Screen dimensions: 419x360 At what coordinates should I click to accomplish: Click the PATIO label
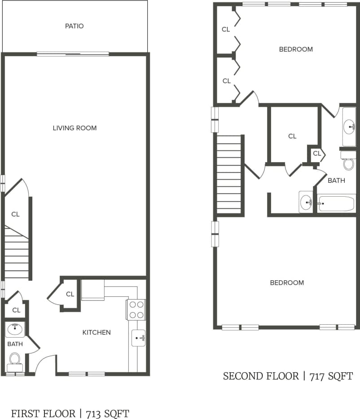point(74,26)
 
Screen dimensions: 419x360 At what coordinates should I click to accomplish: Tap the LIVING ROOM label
point(75,128)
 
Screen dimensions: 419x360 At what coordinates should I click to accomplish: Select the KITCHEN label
point(96,332)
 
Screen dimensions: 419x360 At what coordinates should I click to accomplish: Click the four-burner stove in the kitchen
point(136,309)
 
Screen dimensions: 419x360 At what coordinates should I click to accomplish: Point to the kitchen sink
point(138,337)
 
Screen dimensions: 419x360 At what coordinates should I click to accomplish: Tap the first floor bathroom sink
point(15,329)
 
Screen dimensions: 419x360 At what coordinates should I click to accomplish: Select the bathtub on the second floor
point(337,203)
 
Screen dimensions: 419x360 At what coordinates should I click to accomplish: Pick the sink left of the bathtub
point(306,203)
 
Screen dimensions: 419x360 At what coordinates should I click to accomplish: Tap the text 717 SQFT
point(331,376)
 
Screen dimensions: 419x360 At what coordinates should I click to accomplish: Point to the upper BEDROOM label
point(295,49)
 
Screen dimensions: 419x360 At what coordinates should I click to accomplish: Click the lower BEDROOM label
point(286,282)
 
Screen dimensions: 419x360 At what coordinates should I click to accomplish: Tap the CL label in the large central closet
point(292,136)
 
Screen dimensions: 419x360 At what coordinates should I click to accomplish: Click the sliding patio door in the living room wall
point(73,54)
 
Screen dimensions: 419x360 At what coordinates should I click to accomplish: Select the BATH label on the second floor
point(336,181)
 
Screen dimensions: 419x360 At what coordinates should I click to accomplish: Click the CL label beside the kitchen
point(70,294)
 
